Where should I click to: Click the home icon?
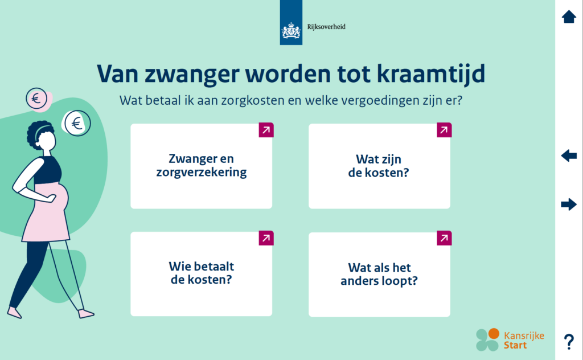click(x=569, y=17)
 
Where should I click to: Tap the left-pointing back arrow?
click(x=569, y=156)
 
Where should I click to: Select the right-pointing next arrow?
click(x=569, y=204)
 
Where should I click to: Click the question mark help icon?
click(x=569, y=342)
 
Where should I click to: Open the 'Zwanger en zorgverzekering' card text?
click(x=201, y=165)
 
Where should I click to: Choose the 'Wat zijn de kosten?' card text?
click(x=379, y=166)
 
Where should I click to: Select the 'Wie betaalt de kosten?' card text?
click(x=201, y=273)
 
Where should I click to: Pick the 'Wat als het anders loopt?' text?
click(x=379, y=274)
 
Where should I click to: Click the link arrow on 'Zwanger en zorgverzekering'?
click(x=266, y=130)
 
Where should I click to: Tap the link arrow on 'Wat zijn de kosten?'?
click(x=444, y=130)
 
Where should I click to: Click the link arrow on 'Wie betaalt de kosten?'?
click(x=266, y=238)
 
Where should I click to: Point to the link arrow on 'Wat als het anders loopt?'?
click(x=444, y=238)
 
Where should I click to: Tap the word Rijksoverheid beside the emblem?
click(x=326, y=27)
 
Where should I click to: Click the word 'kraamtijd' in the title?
click(x=431, y=73)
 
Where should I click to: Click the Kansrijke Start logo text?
click(x=524, y=340)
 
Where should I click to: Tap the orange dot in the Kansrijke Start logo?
click(x=494, y=334)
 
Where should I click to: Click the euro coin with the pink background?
click(x=37, y=99)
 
